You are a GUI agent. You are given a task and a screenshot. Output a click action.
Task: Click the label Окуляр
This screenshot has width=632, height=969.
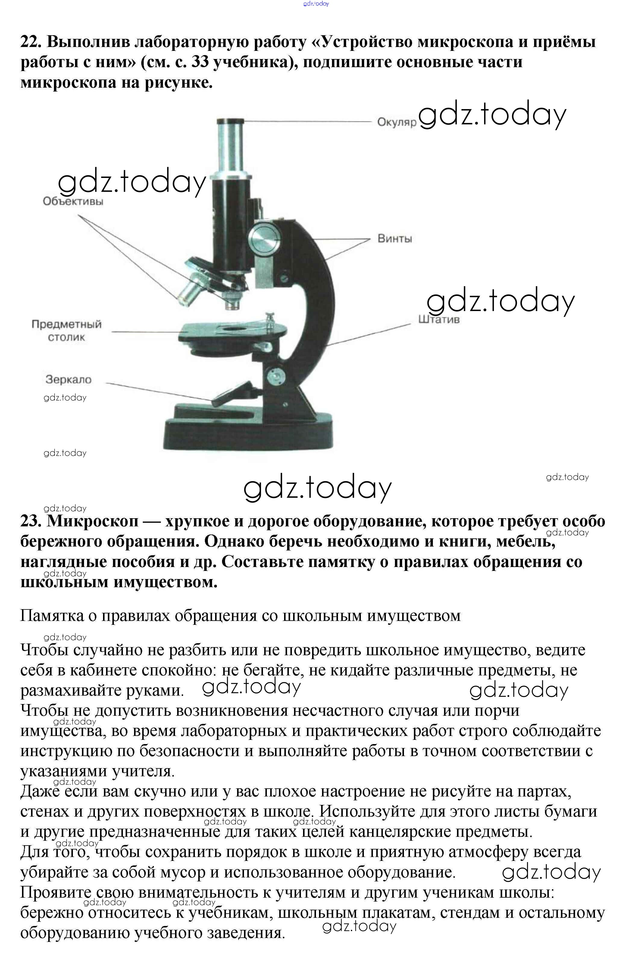tap(396, 122)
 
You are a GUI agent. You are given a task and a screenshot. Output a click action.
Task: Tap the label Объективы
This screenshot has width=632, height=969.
tap(73, 201)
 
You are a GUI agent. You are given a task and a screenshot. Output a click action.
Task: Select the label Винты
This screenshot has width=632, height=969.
tap(394, 238)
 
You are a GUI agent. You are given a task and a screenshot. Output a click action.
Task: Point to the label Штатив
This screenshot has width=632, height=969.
tap(439, 319)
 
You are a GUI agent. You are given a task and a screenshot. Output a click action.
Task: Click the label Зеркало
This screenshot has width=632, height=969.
tap(68, 379)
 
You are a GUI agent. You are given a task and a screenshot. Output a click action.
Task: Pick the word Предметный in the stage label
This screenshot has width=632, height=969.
tap(66, 324)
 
